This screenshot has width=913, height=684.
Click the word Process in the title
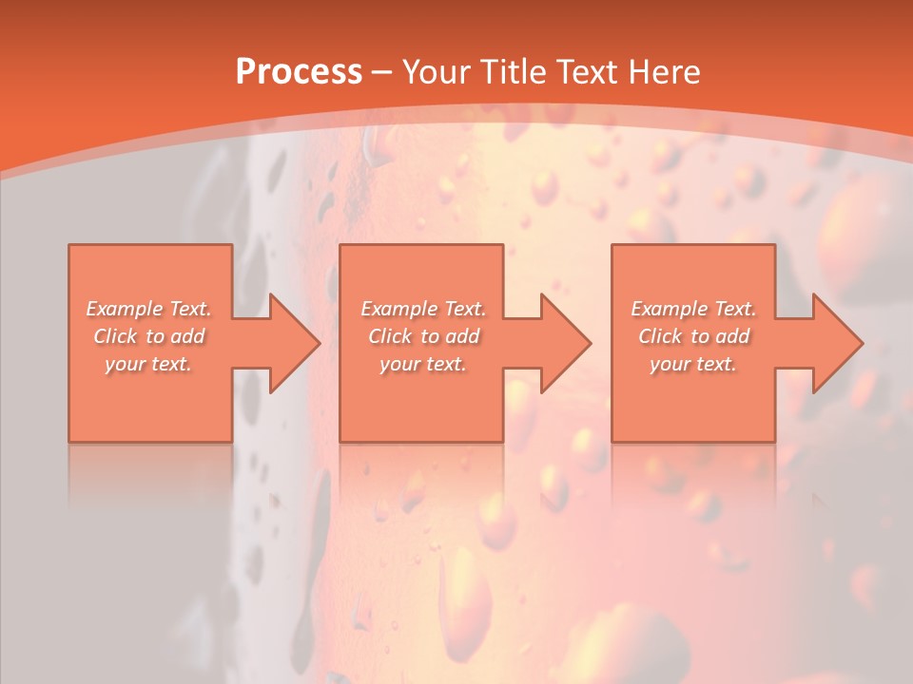coord(299,72)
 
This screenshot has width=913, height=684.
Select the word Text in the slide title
coord(590,72)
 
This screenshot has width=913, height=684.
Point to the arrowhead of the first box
coord(294,343)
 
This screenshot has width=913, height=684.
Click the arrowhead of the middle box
coord(566,343)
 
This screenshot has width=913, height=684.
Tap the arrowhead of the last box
coord(837,343)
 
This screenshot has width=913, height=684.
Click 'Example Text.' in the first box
coord(148,309)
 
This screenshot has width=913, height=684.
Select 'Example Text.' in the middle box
coord(423,309)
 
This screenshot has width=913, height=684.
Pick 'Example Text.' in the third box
coord(693,309)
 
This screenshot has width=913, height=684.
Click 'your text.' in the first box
coord(148,364)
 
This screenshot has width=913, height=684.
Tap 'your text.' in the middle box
coord(423,364)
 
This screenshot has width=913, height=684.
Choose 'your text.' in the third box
coord(693,364)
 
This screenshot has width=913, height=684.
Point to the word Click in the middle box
coord(389,336)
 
